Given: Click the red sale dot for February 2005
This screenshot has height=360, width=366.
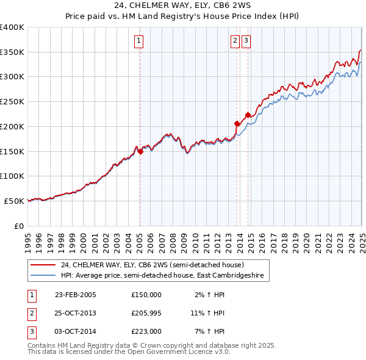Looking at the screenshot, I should [140, 152].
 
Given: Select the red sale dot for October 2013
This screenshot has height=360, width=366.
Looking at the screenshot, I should [237, 124].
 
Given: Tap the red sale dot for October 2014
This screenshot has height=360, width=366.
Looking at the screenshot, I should [247, 115].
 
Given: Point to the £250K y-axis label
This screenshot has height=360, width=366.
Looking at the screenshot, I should [12, 101].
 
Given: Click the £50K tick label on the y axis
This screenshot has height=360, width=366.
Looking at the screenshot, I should [15, 200].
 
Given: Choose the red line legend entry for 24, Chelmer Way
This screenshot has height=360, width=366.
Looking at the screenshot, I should [152, 265].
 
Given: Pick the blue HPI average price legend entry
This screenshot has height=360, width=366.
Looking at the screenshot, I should [162, 276].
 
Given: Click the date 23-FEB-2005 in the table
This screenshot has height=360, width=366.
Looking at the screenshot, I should [76, 294].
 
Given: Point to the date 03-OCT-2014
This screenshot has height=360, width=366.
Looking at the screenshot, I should [76, 331].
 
